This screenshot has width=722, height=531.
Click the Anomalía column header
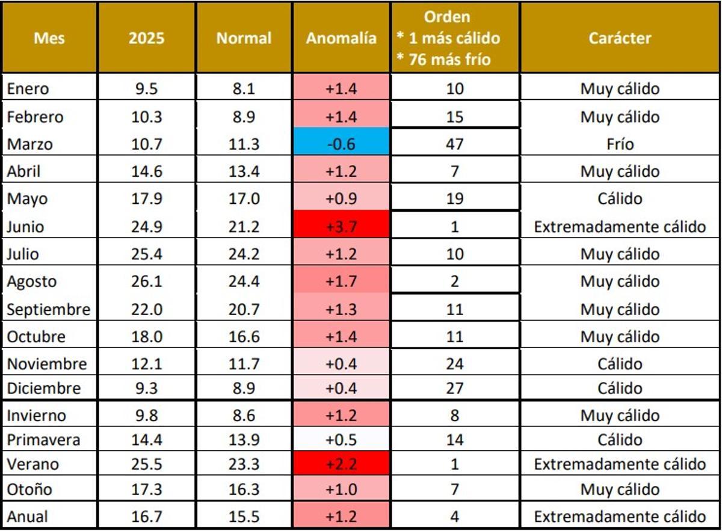pyautogui.click(x=341, y=38)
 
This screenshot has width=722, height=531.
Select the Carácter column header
pyautogui.click(x=620, y=38)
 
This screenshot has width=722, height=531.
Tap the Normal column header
pyautogui.click(x=244, y=38)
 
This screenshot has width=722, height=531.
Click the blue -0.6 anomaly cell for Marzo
pyautogui.click(x=341, y=144)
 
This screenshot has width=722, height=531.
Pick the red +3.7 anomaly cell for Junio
pyautogui.click(x=341, y=227)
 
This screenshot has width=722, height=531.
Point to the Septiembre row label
pyautogui.click(x=48, y=310)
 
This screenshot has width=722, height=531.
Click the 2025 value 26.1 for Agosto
pyautogui.click(x=146, y=281)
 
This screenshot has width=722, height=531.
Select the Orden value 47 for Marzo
pyautogui.click(x=455, y=144)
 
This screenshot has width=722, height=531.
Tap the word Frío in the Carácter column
pyautogui.click(x=620, y=144)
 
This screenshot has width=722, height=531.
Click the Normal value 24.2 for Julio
pyautogui.click(x=244, y=254)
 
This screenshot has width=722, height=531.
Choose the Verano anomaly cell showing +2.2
pyautogui.click(x=341, y=464)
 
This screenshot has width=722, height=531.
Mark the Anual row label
pyautogui.click(x=27, y=517)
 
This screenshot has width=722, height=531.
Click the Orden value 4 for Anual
pyautogui.click(x=455, y=517)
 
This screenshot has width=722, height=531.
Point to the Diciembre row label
pyautogui.click(x=43, y=388)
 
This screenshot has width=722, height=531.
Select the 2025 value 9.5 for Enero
pyautogui.click(x=146, y=89)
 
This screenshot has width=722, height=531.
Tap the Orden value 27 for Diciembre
pyautogui.click(x=455, y=388)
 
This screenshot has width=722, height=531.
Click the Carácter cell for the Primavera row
pyautogui.click(x=620, y=440)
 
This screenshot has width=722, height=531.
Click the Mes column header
pyautogui.click(x=49, y=38)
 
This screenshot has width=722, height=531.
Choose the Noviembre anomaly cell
pyautogui.click(x=341, y=364)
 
